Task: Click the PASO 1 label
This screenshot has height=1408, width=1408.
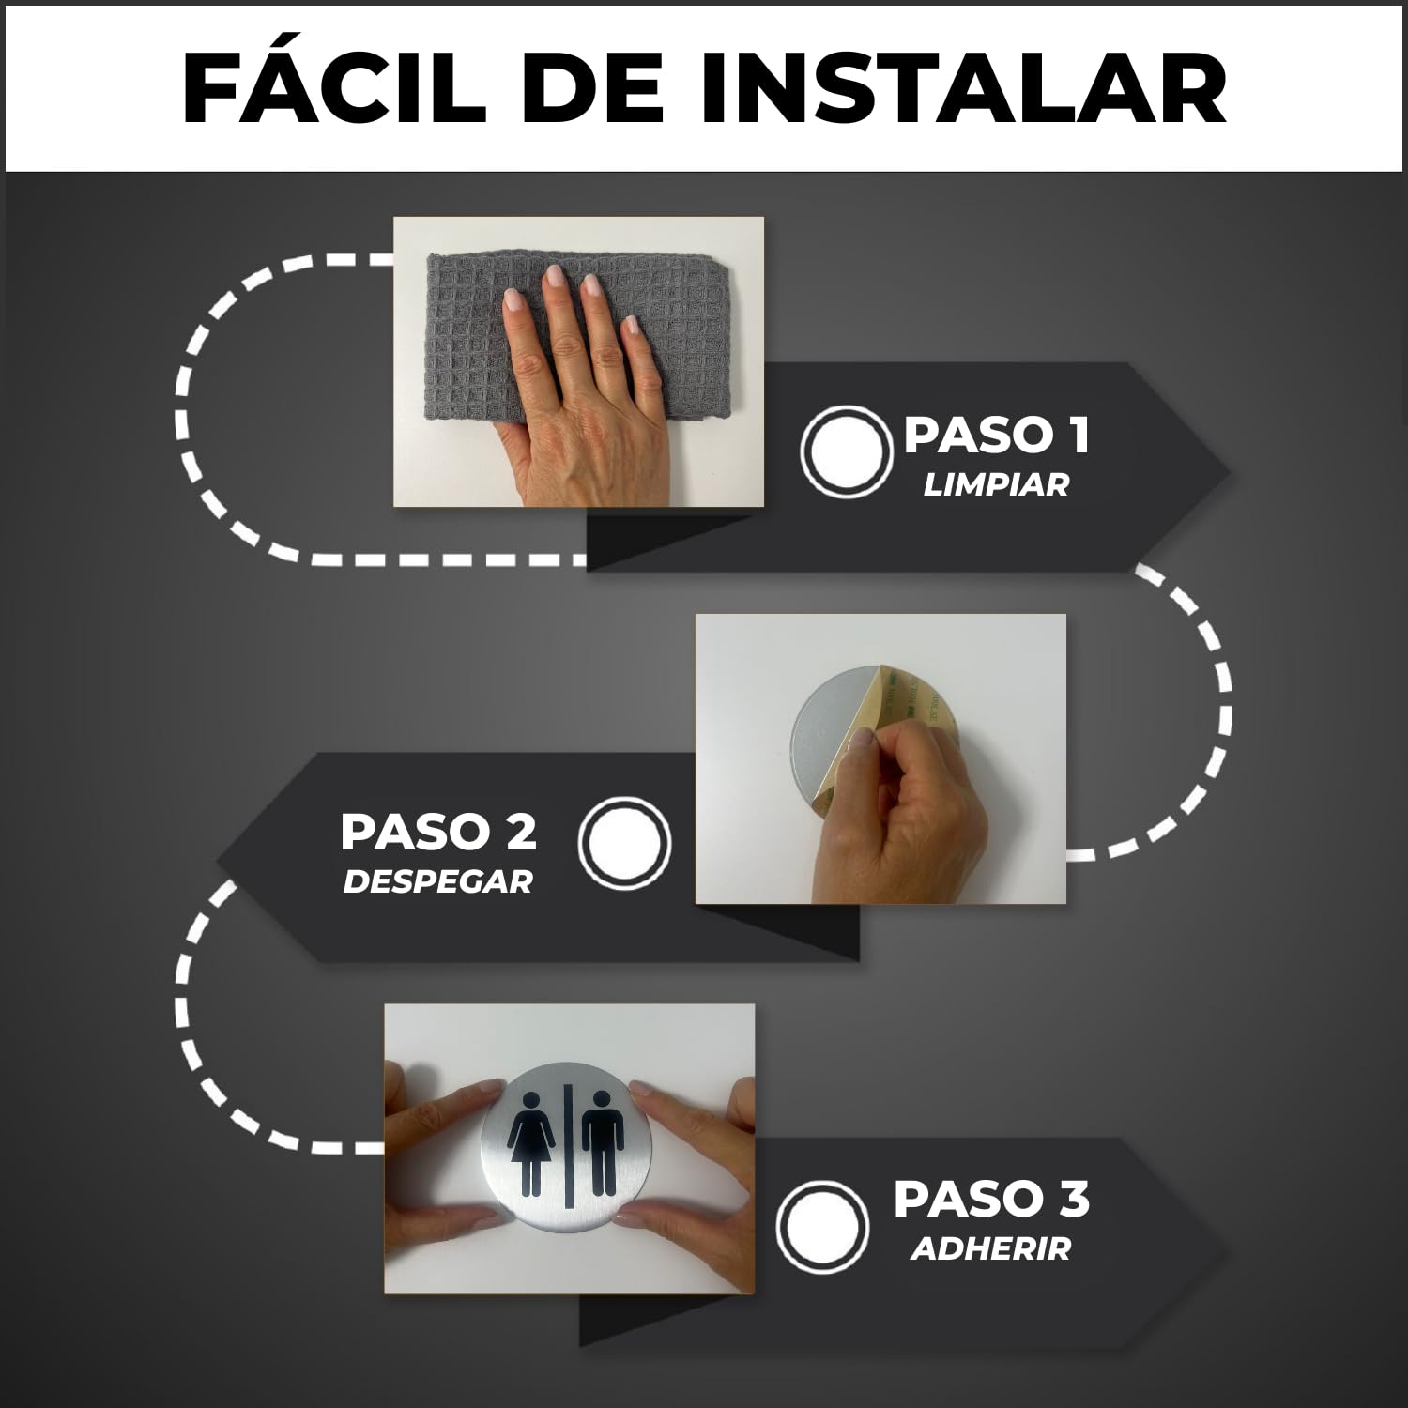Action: click(997, 436)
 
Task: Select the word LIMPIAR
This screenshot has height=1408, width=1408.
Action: click(996, 485)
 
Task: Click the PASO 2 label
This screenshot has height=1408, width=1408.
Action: click(438, 832)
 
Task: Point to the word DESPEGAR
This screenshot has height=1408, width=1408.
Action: click(437, 882)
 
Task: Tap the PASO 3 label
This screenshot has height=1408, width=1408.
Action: click(991, 1200)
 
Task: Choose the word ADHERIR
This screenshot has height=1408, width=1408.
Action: click(990, 1249)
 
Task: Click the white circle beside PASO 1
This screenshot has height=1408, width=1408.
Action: click(846, 451)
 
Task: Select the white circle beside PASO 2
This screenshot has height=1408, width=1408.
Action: click(625, 842)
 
